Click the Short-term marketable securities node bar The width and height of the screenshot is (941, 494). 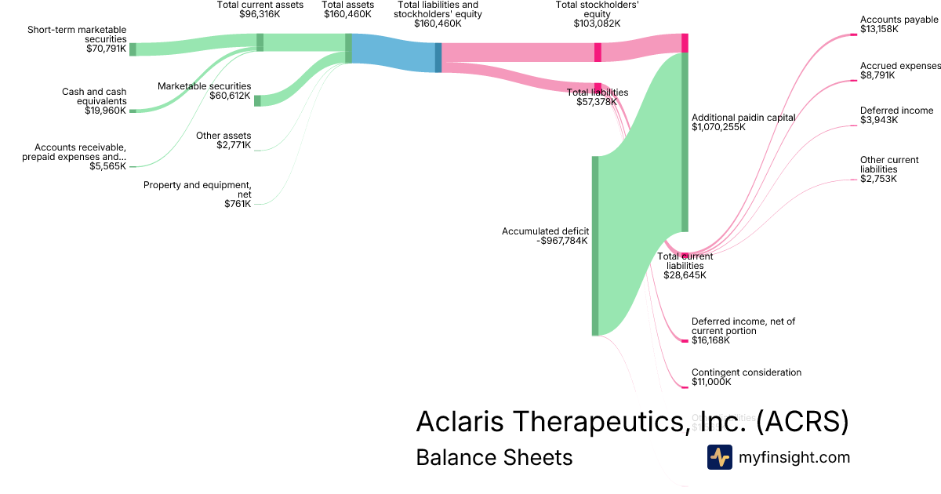point(133,49)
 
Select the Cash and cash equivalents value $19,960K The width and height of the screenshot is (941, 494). point(105,111)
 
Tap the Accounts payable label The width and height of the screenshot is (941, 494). point(899,20)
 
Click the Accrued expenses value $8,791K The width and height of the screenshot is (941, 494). point(878,75)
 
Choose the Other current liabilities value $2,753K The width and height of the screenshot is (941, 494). point(878,179)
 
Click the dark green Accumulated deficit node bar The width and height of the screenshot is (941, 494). point(594,245)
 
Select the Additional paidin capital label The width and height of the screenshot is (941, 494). point(743,118)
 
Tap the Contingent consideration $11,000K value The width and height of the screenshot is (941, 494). point(711,382)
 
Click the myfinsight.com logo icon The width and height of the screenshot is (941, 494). point(719,457)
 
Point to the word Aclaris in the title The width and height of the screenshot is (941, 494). point(460,421)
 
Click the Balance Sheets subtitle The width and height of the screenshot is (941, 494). point(494,457)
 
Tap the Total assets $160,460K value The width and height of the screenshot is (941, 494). point(347,14)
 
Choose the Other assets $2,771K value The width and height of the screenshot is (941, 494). point(234,145)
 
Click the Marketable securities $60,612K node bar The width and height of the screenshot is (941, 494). point(257,100)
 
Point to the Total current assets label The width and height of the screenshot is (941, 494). point(260,5)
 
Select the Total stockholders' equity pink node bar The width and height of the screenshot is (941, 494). point(598,52)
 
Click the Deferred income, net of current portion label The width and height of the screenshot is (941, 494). point(743,321)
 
